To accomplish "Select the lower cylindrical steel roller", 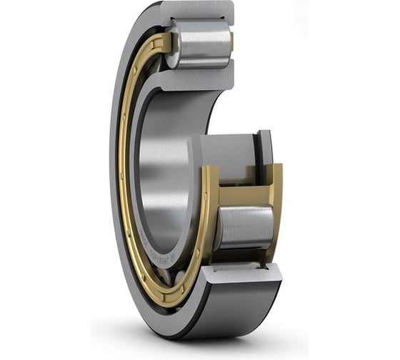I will click(x=246, y=227).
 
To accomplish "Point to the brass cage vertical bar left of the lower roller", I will click(x=210, y=214).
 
